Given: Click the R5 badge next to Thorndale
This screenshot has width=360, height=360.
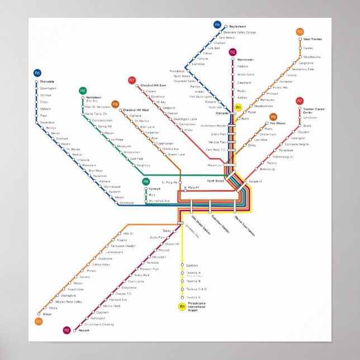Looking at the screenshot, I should tap(37, 73).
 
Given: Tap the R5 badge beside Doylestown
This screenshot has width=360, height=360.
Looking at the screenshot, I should tap(217, 25).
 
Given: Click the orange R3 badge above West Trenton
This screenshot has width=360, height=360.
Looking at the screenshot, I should tap(300, 32).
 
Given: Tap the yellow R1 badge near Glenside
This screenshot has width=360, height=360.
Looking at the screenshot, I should tap(238, 107).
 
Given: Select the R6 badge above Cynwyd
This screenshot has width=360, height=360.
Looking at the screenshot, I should tap(145, 181).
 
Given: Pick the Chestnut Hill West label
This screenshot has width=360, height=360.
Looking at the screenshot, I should tap(138, 110).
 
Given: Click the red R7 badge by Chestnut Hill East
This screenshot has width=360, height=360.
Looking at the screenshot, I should tap(132, 80).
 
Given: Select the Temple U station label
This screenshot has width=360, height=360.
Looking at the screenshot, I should tap(255, 182).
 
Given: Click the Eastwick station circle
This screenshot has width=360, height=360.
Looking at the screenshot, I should tap(182, 264).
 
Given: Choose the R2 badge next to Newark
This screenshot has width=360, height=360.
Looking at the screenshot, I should tap(67, 330).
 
